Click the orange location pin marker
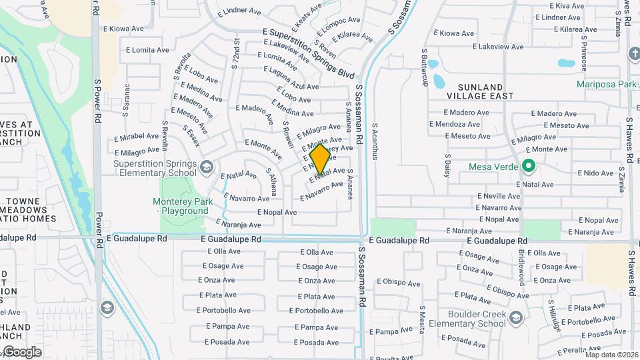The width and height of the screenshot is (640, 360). (x=320, y=159)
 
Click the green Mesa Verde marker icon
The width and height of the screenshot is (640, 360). (x=529, y=166)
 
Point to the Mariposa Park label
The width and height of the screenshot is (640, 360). (x=607, y=85)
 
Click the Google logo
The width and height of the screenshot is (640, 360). (x=21, y=351)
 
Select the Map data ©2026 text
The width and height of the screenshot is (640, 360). (x=611, y=355)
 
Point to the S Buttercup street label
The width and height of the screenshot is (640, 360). (x=424, y=67)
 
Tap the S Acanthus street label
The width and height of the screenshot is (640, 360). (x=375, y=141)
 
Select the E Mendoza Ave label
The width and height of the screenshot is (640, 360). (x=455, y=124)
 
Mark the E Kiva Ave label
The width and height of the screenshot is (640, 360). (x=567, y=5)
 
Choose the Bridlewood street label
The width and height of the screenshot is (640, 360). (x=521, y=268)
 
